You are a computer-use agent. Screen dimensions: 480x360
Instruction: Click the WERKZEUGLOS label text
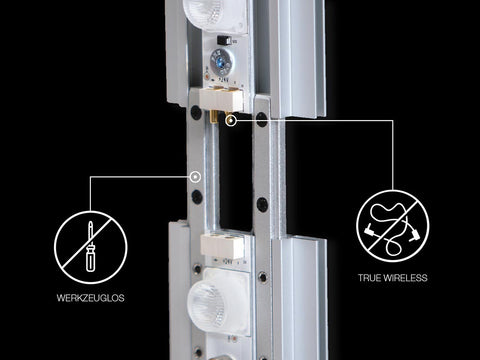[x=91, y=298]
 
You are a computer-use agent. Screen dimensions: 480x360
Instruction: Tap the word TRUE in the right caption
[x=369, y=278]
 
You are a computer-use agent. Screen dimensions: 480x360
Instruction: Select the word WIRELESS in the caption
[x=405, y=278]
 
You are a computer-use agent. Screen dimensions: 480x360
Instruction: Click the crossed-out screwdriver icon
[x=91, y=247]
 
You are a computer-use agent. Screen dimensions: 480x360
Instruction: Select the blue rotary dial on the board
[x=220, y=61]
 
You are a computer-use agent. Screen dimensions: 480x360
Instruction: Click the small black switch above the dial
[x=224, y=40]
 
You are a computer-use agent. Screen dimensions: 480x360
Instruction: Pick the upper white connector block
[x=221, y=99]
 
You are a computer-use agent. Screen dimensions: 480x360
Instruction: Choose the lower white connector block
[x=222, y=247]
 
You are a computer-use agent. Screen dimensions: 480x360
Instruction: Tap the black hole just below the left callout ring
[x=197, y=197]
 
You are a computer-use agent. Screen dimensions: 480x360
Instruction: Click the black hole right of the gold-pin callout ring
[x=262, y=119]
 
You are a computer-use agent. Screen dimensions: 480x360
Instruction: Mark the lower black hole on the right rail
[x=262, y=204]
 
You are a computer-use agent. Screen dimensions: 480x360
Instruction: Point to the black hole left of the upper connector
[x=196, y=112]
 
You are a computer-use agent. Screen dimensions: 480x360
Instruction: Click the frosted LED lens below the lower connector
[x=218, y=303]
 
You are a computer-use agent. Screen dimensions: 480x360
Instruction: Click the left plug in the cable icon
[x=369, y=230]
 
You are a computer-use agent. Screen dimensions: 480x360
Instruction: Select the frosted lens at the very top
[x=214, y=15]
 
